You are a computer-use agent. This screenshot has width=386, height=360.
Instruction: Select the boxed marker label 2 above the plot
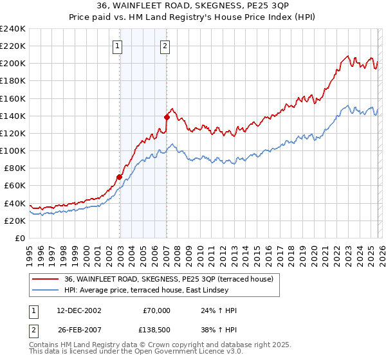pyautogui.click(x=165, y=46)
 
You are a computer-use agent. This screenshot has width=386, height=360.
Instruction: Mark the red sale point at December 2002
pyautogui.click(x=120, y=177)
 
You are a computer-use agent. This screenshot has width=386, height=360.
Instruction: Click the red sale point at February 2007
pyautogui.click(x=167, y=117)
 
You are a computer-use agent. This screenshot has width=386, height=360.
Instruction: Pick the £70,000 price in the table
pyautogui.click(x=156, y=310)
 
